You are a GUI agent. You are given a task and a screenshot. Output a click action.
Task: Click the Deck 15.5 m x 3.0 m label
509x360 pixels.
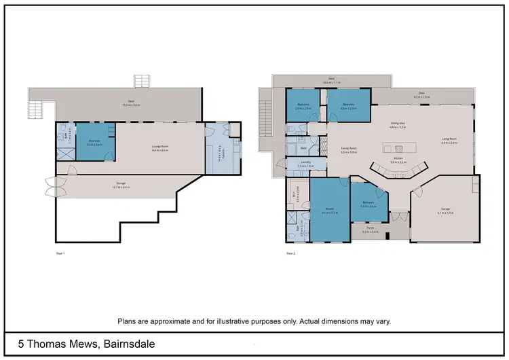coord(130,104)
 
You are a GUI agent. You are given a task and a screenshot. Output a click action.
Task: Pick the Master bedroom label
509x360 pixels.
coord(329,213)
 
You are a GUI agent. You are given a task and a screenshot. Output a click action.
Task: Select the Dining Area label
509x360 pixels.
coord(397,126)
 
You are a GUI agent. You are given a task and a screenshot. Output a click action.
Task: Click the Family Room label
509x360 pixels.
coord(348,151)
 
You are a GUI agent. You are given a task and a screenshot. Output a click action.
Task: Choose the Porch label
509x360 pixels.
coord(369,231)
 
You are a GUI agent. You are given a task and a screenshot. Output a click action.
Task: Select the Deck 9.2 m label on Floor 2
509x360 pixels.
coord(421,96)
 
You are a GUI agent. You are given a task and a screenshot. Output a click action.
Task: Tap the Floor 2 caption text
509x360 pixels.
coord(290,253)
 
